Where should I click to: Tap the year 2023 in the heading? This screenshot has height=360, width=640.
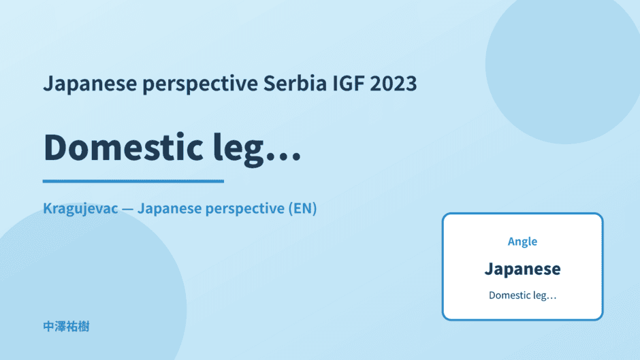coord(394,83)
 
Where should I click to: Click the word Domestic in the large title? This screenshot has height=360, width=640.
coord(123,147)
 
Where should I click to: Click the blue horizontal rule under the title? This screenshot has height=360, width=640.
coord(133,181)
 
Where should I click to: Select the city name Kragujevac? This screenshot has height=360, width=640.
coord(80,209)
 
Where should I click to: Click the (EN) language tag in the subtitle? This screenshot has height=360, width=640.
coord(302,208)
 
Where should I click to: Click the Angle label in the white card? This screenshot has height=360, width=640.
coord(522,242)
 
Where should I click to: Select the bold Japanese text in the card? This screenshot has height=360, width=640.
coord(522,269)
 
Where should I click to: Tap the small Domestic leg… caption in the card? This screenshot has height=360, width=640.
coord(522,295)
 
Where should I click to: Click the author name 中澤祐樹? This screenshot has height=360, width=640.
coord(66,327)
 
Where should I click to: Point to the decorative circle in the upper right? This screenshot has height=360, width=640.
coord(563,65)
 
